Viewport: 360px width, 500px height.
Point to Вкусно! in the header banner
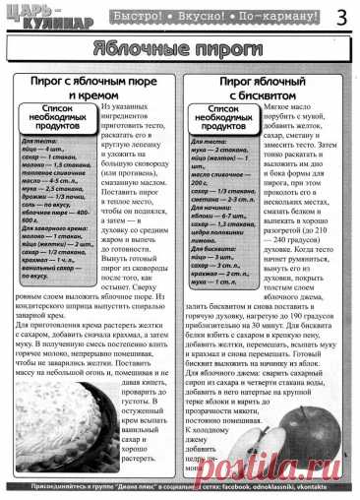click(x=183, y=16)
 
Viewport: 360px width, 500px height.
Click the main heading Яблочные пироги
click(x=179, y=49)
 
